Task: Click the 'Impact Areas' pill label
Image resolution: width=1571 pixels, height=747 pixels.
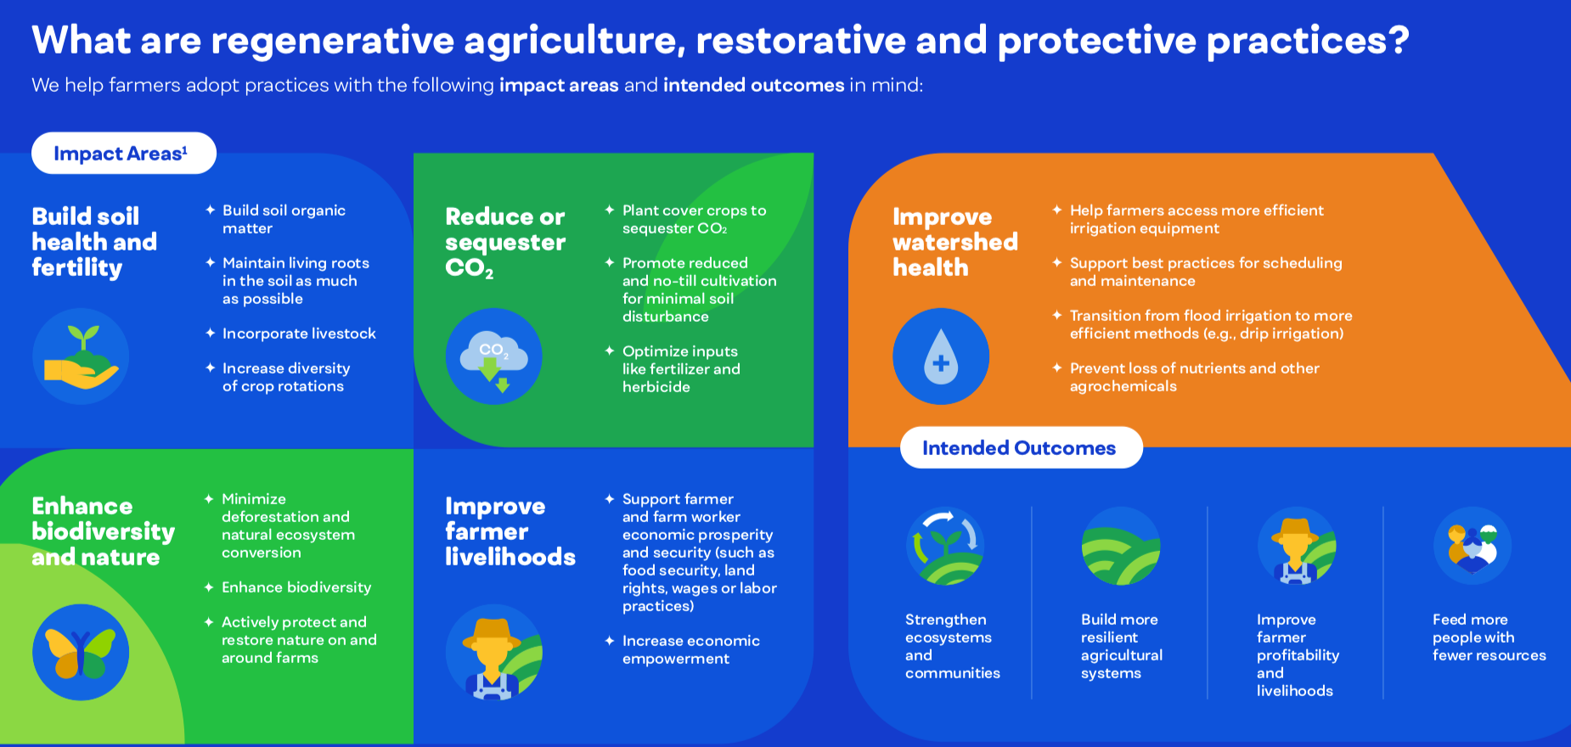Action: click(124, 153)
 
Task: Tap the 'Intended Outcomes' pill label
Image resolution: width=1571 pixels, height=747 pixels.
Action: click(1021, 447)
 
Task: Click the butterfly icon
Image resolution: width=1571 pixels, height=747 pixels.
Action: click(81, 652)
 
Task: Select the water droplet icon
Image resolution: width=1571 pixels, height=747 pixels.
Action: click(941, 357)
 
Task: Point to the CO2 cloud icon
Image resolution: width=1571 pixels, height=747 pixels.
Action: click(494, 357)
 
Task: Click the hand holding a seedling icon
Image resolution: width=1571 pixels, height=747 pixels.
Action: click(81, 357)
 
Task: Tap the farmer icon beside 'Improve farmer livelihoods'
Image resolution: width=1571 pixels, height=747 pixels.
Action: click(494, 652)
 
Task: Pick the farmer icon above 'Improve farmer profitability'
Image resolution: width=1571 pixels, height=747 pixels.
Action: click(1297, 546)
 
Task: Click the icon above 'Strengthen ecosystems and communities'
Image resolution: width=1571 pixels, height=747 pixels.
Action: click(945, 546)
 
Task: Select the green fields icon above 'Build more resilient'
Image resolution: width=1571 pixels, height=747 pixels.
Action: click(1121, 546)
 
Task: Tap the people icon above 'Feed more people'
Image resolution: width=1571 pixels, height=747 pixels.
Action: click(1472, 546)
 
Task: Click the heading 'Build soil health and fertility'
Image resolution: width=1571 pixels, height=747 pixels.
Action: click(94, 242)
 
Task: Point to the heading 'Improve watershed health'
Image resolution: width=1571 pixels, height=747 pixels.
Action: click(955, 242)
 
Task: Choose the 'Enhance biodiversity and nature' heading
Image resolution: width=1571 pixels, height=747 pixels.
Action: click(103, 531)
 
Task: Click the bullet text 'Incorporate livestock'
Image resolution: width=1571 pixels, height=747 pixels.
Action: click(299, 334)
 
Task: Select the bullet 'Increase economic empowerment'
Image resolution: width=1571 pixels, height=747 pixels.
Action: click(690, 649)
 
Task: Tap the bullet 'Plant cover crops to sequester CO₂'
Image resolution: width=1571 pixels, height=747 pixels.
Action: click(694, 219)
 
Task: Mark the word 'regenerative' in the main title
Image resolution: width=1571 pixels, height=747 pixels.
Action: click(332, 41)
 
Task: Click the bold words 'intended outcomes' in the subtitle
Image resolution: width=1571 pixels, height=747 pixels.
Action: click(754, 85)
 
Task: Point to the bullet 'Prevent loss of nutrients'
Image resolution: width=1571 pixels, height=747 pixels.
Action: click(1194, 377)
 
